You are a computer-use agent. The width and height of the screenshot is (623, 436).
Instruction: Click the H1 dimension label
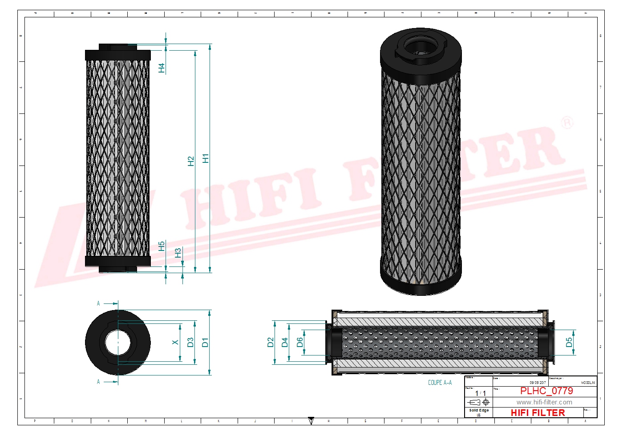tap(205, 158)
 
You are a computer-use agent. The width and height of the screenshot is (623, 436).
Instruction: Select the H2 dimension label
tap(191, 161)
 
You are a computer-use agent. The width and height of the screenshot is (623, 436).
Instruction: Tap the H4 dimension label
tap(162, 68)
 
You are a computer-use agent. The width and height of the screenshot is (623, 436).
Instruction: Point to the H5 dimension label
tap(162, 246)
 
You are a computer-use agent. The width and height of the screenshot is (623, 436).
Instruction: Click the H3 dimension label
tap(178, 253)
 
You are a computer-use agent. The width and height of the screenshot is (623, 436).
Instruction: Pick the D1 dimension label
tap(205, 343)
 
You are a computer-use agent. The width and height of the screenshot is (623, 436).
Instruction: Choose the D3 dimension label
tap(190, 343)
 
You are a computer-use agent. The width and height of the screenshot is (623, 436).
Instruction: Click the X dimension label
tap(175, 342)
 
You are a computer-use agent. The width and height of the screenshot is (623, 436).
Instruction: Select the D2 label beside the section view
tap(271, 342)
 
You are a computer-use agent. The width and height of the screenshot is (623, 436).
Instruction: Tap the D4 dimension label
tap(285, 342)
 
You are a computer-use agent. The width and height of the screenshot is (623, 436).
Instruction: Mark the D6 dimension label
tap(299, 342)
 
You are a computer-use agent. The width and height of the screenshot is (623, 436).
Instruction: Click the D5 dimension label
tap(569, 342)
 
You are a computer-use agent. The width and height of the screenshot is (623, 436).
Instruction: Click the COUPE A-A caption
tap(440, 383)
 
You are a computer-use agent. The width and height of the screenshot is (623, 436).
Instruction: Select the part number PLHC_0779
tap(546, 391)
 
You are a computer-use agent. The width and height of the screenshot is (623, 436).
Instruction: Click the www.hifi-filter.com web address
tap(544, 402)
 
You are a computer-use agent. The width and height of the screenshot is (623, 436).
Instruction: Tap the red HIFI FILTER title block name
tap(538, 413)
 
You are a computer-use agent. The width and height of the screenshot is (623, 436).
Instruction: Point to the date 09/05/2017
tap(538, 383)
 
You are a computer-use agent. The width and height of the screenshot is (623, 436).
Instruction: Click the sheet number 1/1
tap(480, 393)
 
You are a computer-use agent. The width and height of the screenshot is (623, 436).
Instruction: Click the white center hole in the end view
tap(118, 343)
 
